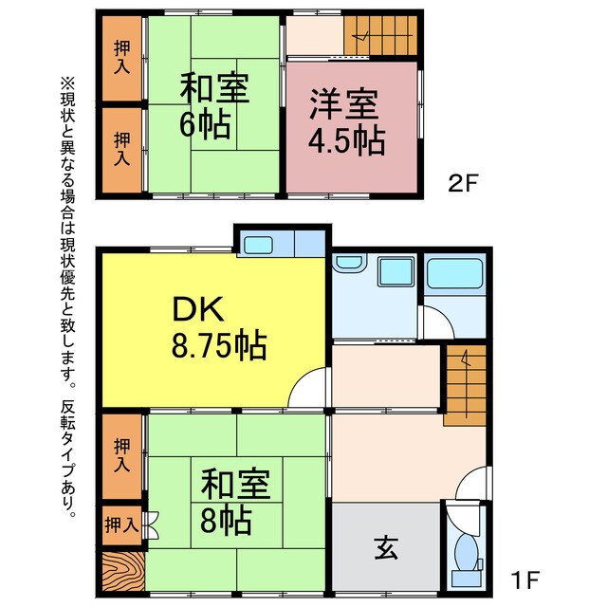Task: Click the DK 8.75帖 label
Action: (x=218, y=327)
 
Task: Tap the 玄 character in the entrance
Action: (x=384, y=548)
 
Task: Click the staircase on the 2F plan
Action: (x=379, y=36)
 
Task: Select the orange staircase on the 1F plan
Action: (x=466, y=380)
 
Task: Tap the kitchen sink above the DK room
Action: (x=259, y=244)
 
